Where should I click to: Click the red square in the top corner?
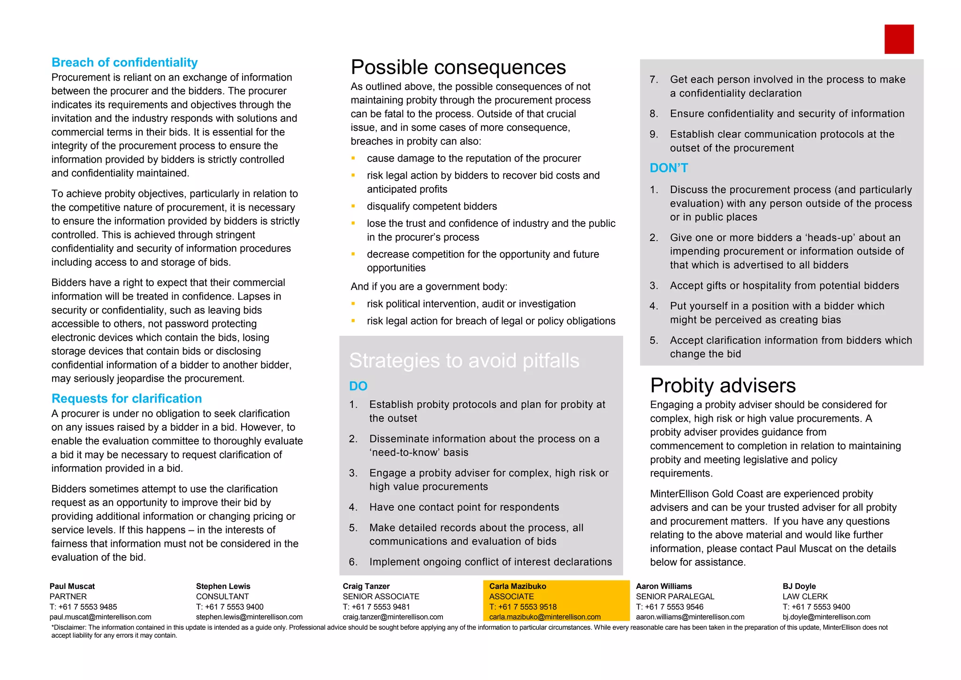pos(899,39)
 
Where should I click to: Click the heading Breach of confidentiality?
pos(124,62)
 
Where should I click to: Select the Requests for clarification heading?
pos(127,398)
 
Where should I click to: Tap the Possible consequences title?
pos(458,68)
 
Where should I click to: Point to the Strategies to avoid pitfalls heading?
pos(464,361)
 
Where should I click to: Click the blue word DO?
pos(358,386)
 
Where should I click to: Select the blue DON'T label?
pos(669,168)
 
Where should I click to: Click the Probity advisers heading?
pos(723,385)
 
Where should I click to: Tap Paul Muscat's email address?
pos(100,617)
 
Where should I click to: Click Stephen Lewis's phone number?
pos(230,607)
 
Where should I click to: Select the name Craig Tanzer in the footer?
pos(366,586)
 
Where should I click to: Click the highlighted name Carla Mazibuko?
pos(518,586)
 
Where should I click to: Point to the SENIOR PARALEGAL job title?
pos(675,597)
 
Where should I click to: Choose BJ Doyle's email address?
pos(826,617)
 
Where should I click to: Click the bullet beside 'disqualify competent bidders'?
pos(353,206)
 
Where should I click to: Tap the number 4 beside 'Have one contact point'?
pos(353,507)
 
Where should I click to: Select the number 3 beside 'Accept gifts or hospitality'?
pos(654,286)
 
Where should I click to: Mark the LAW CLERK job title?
pos(805,597)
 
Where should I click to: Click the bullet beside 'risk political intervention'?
pos(353,304)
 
